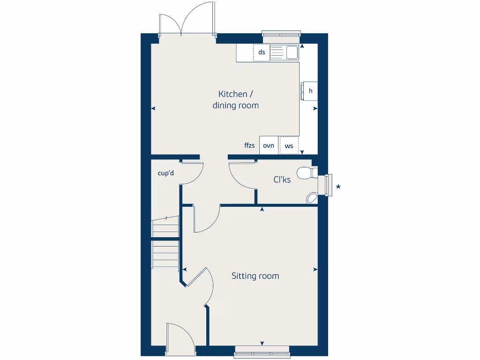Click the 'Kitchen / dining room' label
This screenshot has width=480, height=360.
[x=235, y=100]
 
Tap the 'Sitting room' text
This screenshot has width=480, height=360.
[x=255, y=276]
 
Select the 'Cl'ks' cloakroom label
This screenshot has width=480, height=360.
[x=282, y=180]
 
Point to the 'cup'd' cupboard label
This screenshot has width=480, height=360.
[x=166, y=173]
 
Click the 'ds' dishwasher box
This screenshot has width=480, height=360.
[x=262, y=52]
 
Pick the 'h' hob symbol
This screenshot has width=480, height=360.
[x=310, y=91]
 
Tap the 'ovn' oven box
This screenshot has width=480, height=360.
[x=269, y=145]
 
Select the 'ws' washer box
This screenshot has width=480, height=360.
[x=289, y=146]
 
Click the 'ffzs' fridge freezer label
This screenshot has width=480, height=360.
[x=249, y=146]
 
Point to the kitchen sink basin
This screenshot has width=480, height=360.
[x=292, y=52]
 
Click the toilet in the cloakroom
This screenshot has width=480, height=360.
[x=305, y=173]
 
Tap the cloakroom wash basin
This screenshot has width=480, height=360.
[x=312, y=199]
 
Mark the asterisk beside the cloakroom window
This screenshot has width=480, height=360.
[x=338, y=187]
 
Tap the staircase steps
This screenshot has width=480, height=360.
[x=165, y=241]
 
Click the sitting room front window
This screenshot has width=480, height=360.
[x=262, y=351]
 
